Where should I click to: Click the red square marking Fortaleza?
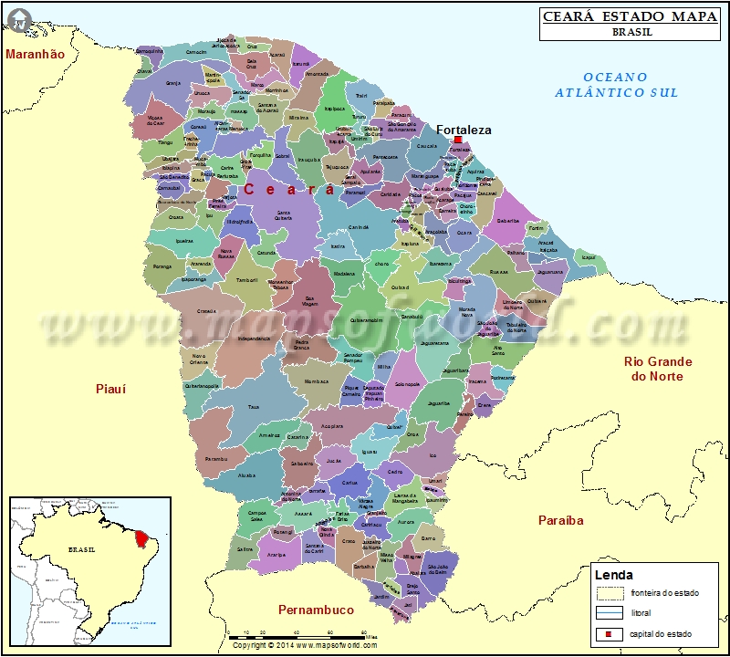[x=457, y=140]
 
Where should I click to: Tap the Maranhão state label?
[x=35, y=54]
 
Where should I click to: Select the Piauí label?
[x=110, y=389]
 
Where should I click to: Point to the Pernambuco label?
[x=316, y=609]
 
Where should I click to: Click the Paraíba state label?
[x=560, y=520]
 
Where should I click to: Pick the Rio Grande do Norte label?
[x=657, y=369]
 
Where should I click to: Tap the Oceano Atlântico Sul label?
[x=617, y=85]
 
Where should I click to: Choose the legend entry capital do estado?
[x=661, y=633]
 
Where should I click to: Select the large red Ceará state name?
[x=289, y=189]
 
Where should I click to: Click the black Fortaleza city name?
[x=464, y=130]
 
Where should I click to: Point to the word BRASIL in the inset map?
[x=81, y=551]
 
